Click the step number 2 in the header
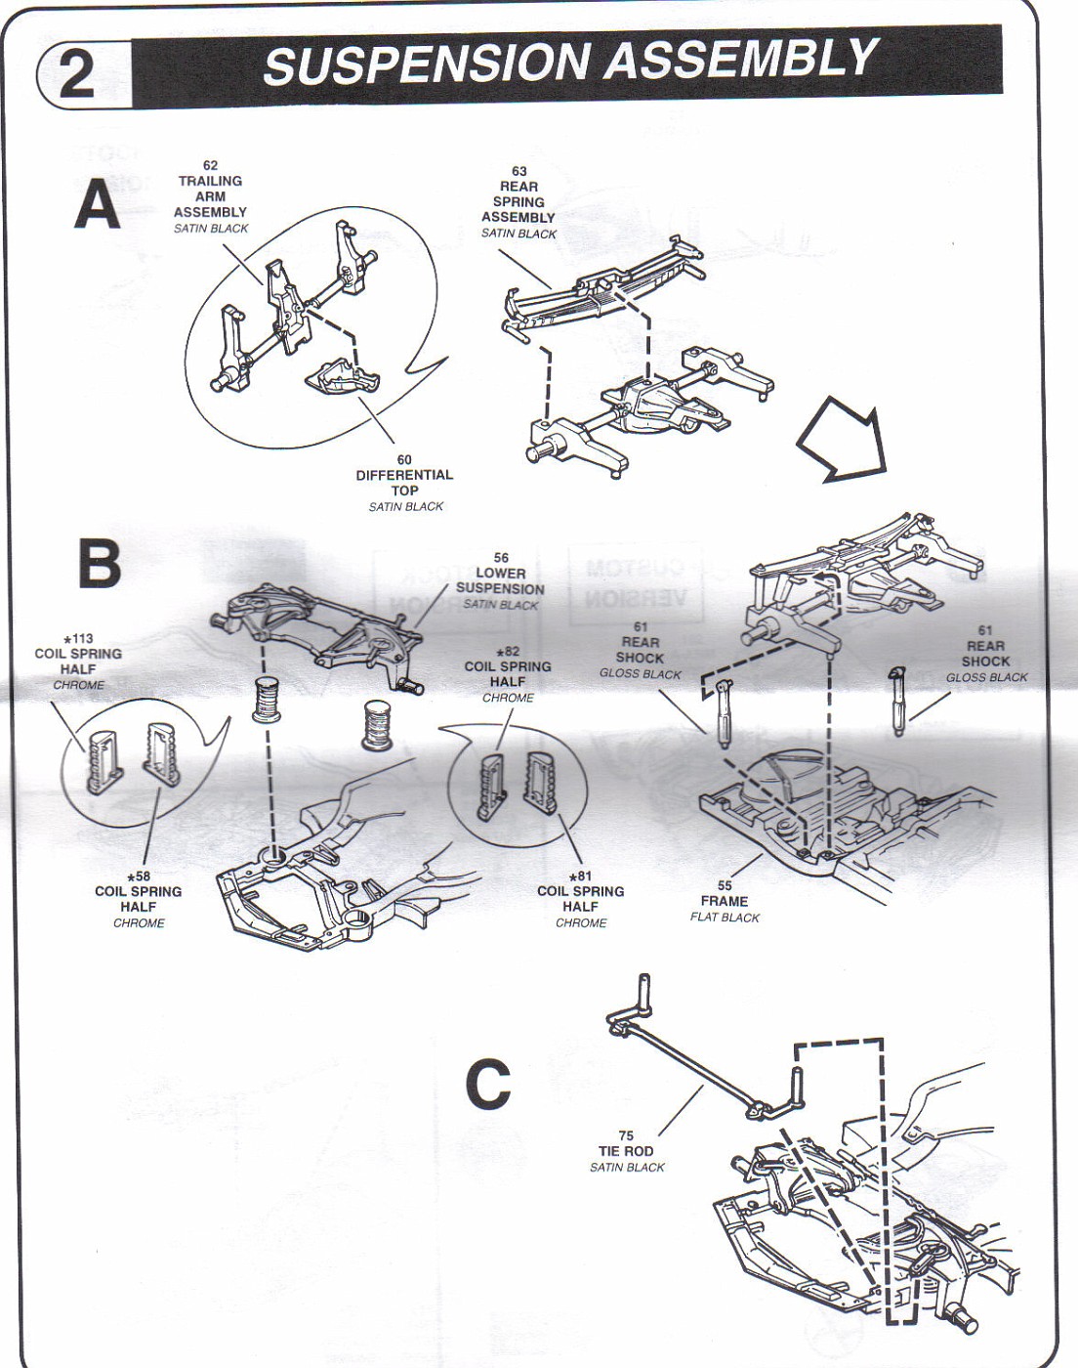[77, 75]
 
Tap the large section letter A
[98, 203]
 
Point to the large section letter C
[488, 1084]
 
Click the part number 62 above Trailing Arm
[210, 165]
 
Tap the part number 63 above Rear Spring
[519, 171]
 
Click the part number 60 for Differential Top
[404, 459]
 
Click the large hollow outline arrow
[843, 439]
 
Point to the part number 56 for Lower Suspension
[501, 558]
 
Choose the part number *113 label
[78, 639]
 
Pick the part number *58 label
[139, 876]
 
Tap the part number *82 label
[508, 652]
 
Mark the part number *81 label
[581, 876]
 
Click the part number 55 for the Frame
[725, 885]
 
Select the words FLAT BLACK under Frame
[725, 918]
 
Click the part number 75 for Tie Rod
[626, 1135]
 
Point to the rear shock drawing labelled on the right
[897, 701]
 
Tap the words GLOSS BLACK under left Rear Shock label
[641, 674]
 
